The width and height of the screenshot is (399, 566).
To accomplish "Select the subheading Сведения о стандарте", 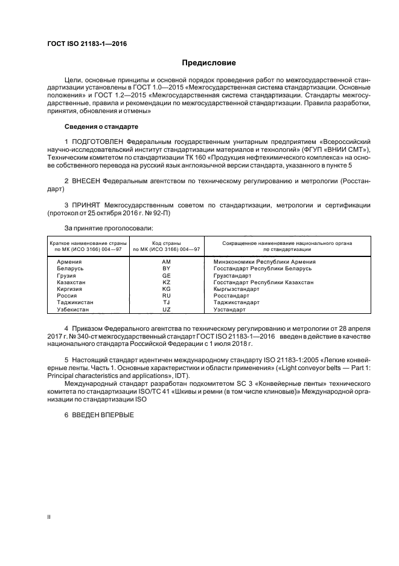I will (101, 127).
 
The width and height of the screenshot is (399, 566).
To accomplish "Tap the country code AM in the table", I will (167, 261).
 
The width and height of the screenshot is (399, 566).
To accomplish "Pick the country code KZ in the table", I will (167, 282).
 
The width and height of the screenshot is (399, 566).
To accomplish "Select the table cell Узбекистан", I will (73, 309).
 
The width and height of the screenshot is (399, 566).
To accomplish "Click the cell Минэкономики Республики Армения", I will (264, 261).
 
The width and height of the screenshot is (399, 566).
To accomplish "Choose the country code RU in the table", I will (167, 296).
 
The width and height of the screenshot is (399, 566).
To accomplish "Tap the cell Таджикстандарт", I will (237, 302).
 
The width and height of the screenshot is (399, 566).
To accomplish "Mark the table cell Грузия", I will (67, 275).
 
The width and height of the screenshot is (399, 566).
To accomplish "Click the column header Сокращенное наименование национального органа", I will (287, 242).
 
